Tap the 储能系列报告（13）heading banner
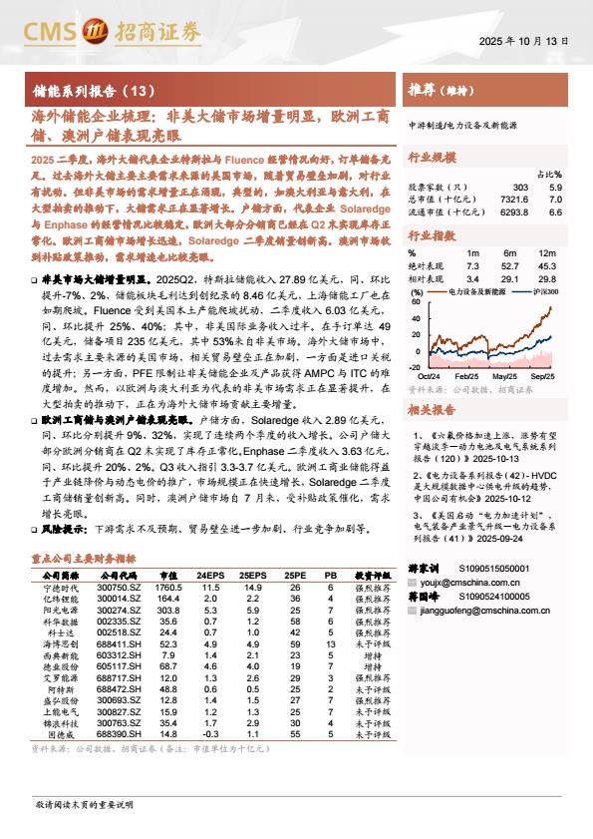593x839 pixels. coord(96,91)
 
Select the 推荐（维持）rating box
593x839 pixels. coord(439,91)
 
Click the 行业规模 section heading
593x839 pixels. coord(432,157)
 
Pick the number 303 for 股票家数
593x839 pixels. coord(520,188)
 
